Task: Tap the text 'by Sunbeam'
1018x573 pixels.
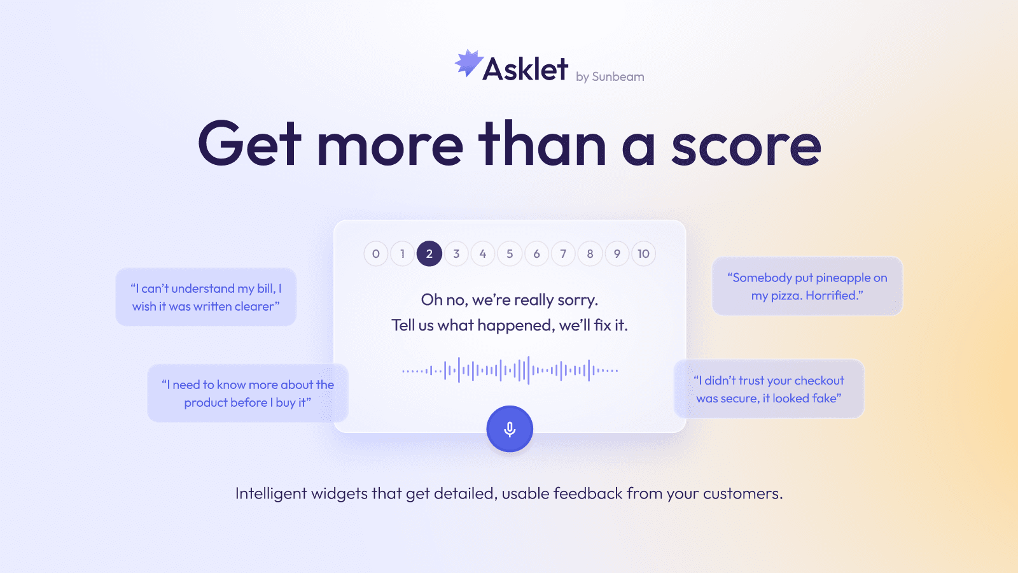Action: pyautogui.click(x=610, y=77)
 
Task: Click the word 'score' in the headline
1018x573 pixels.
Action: pyautogui.click(x=746, y=146)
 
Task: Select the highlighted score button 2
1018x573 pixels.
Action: pyautogui.click(x=429, y=254)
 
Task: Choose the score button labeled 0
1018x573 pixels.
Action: pyautogui.click(x=376, y=254)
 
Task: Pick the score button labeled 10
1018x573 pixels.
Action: pyautogui.click(x=643, y=254)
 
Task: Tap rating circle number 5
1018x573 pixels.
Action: pyautogui.click(x=510, y=254)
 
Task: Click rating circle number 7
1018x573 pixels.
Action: pyautogui.click(x=563, y=254)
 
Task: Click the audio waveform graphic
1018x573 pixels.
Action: pyautogui.click(x=510, y=370)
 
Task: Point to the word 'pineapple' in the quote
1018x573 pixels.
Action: pyautogui.click(x=842, y=278)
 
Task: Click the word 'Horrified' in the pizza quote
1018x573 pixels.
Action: pyautogui.click(x=832, y=296)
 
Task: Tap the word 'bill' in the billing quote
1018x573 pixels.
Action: pyautogui.click(x=265, y=289)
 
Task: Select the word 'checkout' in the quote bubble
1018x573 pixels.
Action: pyautogui.click(x=819, y=381)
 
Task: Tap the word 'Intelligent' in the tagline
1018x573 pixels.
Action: pyautogui.click(x=271, y=494)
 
